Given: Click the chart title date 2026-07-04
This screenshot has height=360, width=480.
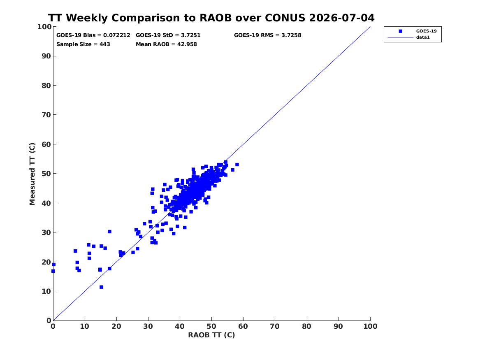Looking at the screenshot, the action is coord(342,18).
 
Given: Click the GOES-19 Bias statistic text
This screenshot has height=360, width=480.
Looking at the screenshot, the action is coord(93,35).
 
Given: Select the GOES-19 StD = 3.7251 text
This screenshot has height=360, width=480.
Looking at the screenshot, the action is coord(168,35).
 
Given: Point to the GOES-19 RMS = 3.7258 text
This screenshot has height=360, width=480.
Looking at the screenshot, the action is coord(267,35).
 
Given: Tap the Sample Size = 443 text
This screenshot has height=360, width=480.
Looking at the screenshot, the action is coord(83,44).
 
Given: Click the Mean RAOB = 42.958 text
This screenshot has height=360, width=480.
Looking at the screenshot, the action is coord(166,44).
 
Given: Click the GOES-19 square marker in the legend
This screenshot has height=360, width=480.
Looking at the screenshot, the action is coord(400,31).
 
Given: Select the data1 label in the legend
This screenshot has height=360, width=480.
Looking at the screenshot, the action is coord(423,37).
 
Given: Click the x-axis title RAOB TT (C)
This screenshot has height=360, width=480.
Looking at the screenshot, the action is coord(211,335).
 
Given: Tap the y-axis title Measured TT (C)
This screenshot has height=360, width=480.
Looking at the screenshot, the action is coord(32,174).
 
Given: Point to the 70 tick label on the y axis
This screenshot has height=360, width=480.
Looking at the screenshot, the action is coord(46,115).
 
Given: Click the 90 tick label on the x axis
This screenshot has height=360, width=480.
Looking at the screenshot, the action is coord(338,326).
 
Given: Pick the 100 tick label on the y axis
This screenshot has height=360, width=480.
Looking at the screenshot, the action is coord(44,27).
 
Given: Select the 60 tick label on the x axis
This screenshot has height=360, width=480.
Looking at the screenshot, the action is coord(243,326).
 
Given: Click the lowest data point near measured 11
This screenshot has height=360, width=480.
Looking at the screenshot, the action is coord(101,287).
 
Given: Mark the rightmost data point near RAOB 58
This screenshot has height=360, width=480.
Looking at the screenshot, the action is coord(237,165).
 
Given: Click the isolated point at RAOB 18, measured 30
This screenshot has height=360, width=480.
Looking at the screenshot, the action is coord(109,232).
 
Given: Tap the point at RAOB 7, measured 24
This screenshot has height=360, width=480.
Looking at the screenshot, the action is coord(75,251).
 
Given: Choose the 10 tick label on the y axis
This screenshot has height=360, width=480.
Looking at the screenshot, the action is coord(46,291).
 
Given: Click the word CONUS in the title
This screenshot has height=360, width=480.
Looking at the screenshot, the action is coord(285,18).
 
